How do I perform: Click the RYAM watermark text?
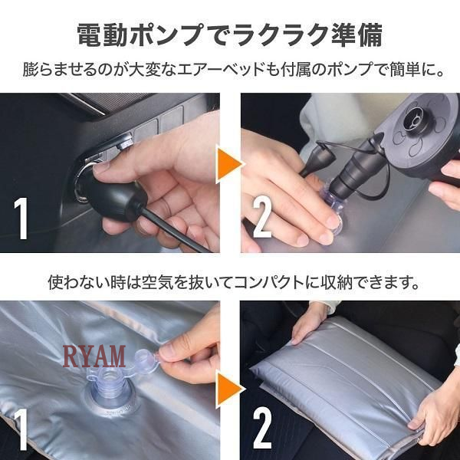94,356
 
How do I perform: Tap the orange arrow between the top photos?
229,164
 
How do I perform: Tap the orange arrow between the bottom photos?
229,389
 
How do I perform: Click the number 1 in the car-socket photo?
21,218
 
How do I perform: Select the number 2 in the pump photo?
262,216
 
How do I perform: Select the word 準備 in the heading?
357,35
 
